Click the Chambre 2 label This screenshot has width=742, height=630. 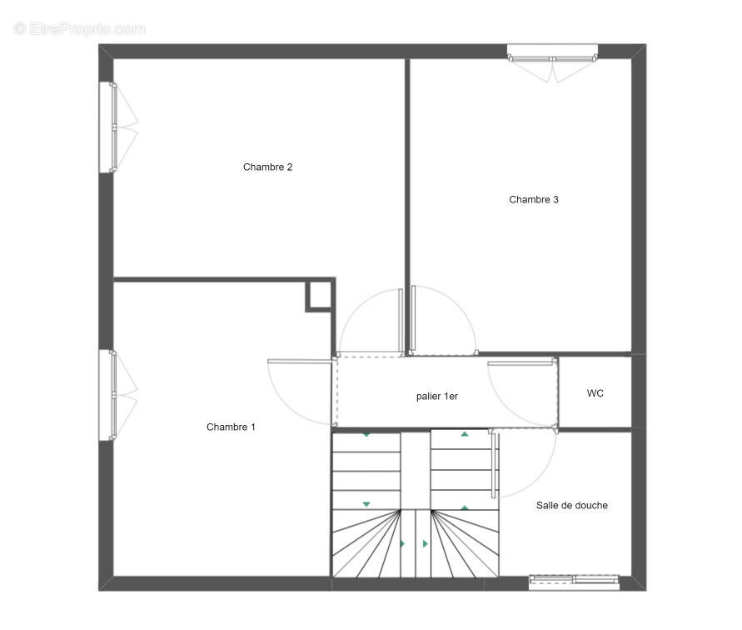click(x=267, y=167)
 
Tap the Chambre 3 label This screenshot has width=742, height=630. click(x=533, y=200)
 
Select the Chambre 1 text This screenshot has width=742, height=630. click(x=231, y=427)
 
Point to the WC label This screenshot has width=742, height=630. click(x=595, y=393)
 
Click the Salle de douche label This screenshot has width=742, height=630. click(x=571, y=506)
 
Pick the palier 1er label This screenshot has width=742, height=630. click(x=436, y=397)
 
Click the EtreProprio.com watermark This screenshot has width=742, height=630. click(x=79, y=29)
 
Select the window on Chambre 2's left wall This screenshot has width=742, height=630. click(x=108, y=127)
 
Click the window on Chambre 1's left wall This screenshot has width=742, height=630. click(x=108, y=395)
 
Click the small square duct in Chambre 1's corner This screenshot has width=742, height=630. click(x=320, y=296)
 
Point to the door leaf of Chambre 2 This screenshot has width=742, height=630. click(x=401, y=321)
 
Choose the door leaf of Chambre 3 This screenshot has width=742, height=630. click(x=413, y=318)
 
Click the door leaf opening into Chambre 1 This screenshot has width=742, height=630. click(x=300, y=362)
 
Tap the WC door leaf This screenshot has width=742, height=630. click(x=521, y=363)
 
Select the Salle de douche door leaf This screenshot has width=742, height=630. click(x=494, y=464)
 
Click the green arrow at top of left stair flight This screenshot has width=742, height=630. click(x=366, y=435)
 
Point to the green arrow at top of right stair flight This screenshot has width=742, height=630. click(x=465, y=433)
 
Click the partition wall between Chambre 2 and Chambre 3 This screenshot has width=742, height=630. click(x=407, y=206)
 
